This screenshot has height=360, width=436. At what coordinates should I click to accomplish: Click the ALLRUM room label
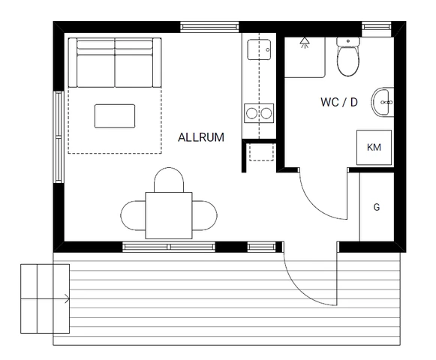tap(201, 137)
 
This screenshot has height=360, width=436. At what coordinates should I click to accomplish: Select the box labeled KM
tap(374, 147)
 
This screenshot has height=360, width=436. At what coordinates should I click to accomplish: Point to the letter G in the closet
tap(376, 206)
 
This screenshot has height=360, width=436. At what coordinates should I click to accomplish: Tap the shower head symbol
tap(304, 43)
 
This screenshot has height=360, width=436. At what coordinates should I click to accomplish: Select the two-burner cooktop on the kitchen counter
tap(258, 114)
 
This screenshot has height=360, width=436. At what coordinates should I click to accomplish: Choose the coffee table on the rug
tap(115, 116)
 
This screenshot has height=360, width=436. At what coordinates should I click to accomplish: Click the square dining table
tap(169, 214)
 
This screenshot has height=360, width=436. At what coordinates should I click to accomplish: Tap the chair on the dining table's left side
tap(133, 215)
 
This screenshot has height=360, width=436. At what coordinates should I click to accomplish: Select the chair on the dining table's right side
tap(205, 215)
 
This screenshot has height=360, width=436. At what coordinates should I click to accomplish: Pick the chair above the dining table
tap(169, 181)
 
